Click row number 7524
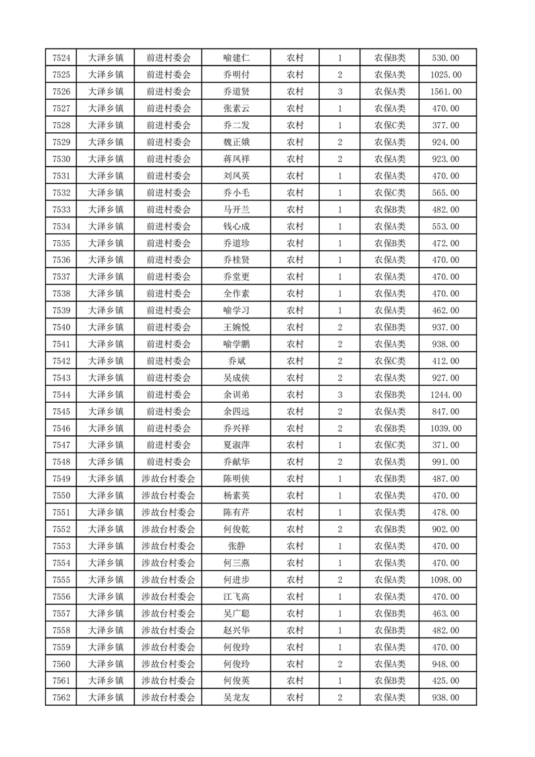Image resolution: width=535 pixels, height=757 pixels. pyautogui.click(x=61, y=58)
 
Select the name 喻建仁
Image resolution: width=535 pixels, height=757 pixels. pyautogui.click(x=236, y=58)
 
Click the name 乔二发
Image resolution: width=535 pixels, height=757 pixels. pyautogui.click(x=236, y=125)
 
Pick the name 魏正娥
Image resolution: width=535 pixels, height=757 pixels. pyautogui.click(x=236, y=142)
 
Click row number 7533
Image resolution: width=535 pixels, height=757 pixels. pyautogui.click(x=61, y=209)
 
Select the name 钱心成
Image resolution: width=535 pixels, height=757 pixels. pyautogui.click(x=236, y=226)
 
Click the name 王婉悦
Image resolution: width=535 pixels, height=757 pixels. pyautogui.click(x=236, y=327)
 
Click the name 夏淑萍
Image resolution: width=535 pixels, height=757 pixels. pyautogui.click(x=236, y=445)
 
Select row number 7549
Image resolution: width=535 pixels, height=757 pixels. pyautogui.click(x=61, y=478)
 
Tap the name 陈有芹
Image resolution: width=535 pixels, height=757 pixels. pyautogui.click(x=236, y=512)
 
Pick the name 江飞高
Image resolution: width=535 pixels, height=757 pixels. pyautogui.click(x=236, y=596)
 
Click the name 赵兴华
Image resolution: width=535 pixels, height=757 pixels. pyautogui.click(x=236, y=630)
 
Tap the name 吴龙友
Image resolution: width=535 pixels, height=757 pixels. pyautogui.click(x=236, y=697)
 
